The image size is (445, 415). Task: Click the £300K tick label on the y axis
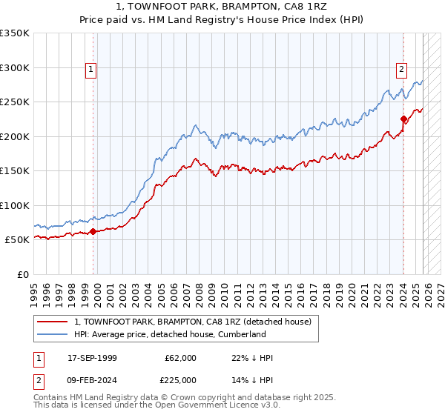(x=15, y=67)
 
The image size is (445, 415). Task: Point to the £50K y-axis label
(x=17, y=240)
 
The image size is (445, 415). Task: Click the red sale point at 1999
(x=93, y=231)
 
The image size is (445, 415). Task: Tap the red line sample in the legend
(x=53, y=322)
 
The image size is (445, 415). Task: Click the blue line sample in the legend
(x=53, y=334)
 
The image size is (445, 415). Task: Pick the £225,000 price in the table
(x=180, y=380)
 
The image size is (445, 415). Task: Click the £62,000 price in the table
(x=180, y=358)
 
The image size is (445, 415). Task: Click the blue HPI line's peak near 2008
(x=194, y=125)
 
